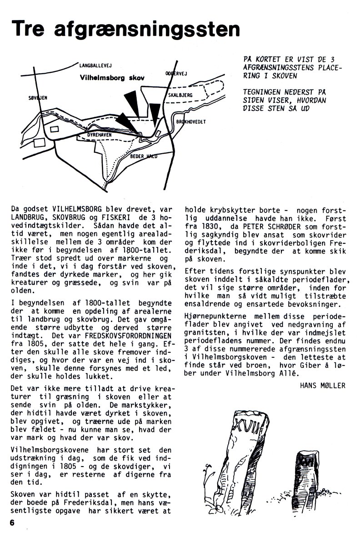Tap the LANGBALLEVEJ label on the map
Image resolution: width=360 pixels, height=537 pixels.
95,65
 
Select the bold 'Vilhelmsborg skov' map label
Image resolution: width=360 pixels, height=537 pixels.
112,78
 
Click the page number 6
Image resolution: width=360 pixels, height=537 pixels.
12,522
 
